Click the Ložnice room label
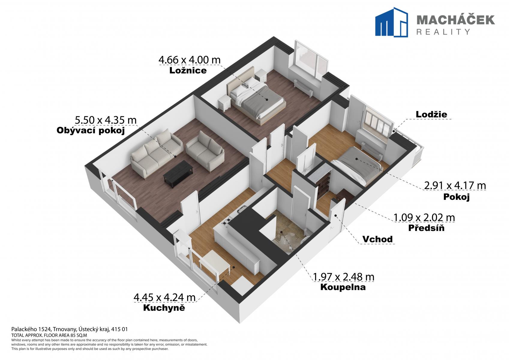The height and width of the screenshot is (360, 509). click(x=188, y=70)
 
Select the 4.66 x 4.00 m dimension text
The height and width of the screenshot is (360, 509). click(x=190, y=60)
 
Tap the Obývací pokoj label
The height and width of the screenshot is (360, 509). click(x=91, y=131)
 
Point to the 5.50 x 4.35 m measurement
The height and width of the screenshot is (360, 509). click(x=106, y=120)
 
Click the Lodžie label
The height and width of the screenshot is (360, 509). click(x=431, y=114)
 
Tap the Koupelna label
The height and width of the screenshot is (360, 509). click(x=343, y=287)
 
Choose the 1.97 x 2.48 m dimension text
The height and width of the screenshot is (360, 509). click(x=343, y=277)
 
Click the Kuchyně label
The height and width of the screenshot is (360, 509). click(x=164, y=308)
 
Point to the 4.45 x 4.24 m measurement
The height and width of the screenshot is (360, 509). click(x=164, y=297)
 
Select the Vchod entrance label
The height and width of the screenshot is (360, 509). click(x=377, y=239)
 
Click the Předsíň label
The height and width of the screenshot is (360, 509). click(x=426, y=228)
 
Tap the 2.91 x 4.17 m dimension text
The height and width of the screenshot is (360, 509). click(x=455, y=185)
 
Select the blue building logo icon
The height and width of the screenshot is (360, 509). click(x=391, y=22)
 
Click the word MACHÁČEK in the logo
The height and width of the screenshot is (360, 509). click(x=455, y=20)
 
